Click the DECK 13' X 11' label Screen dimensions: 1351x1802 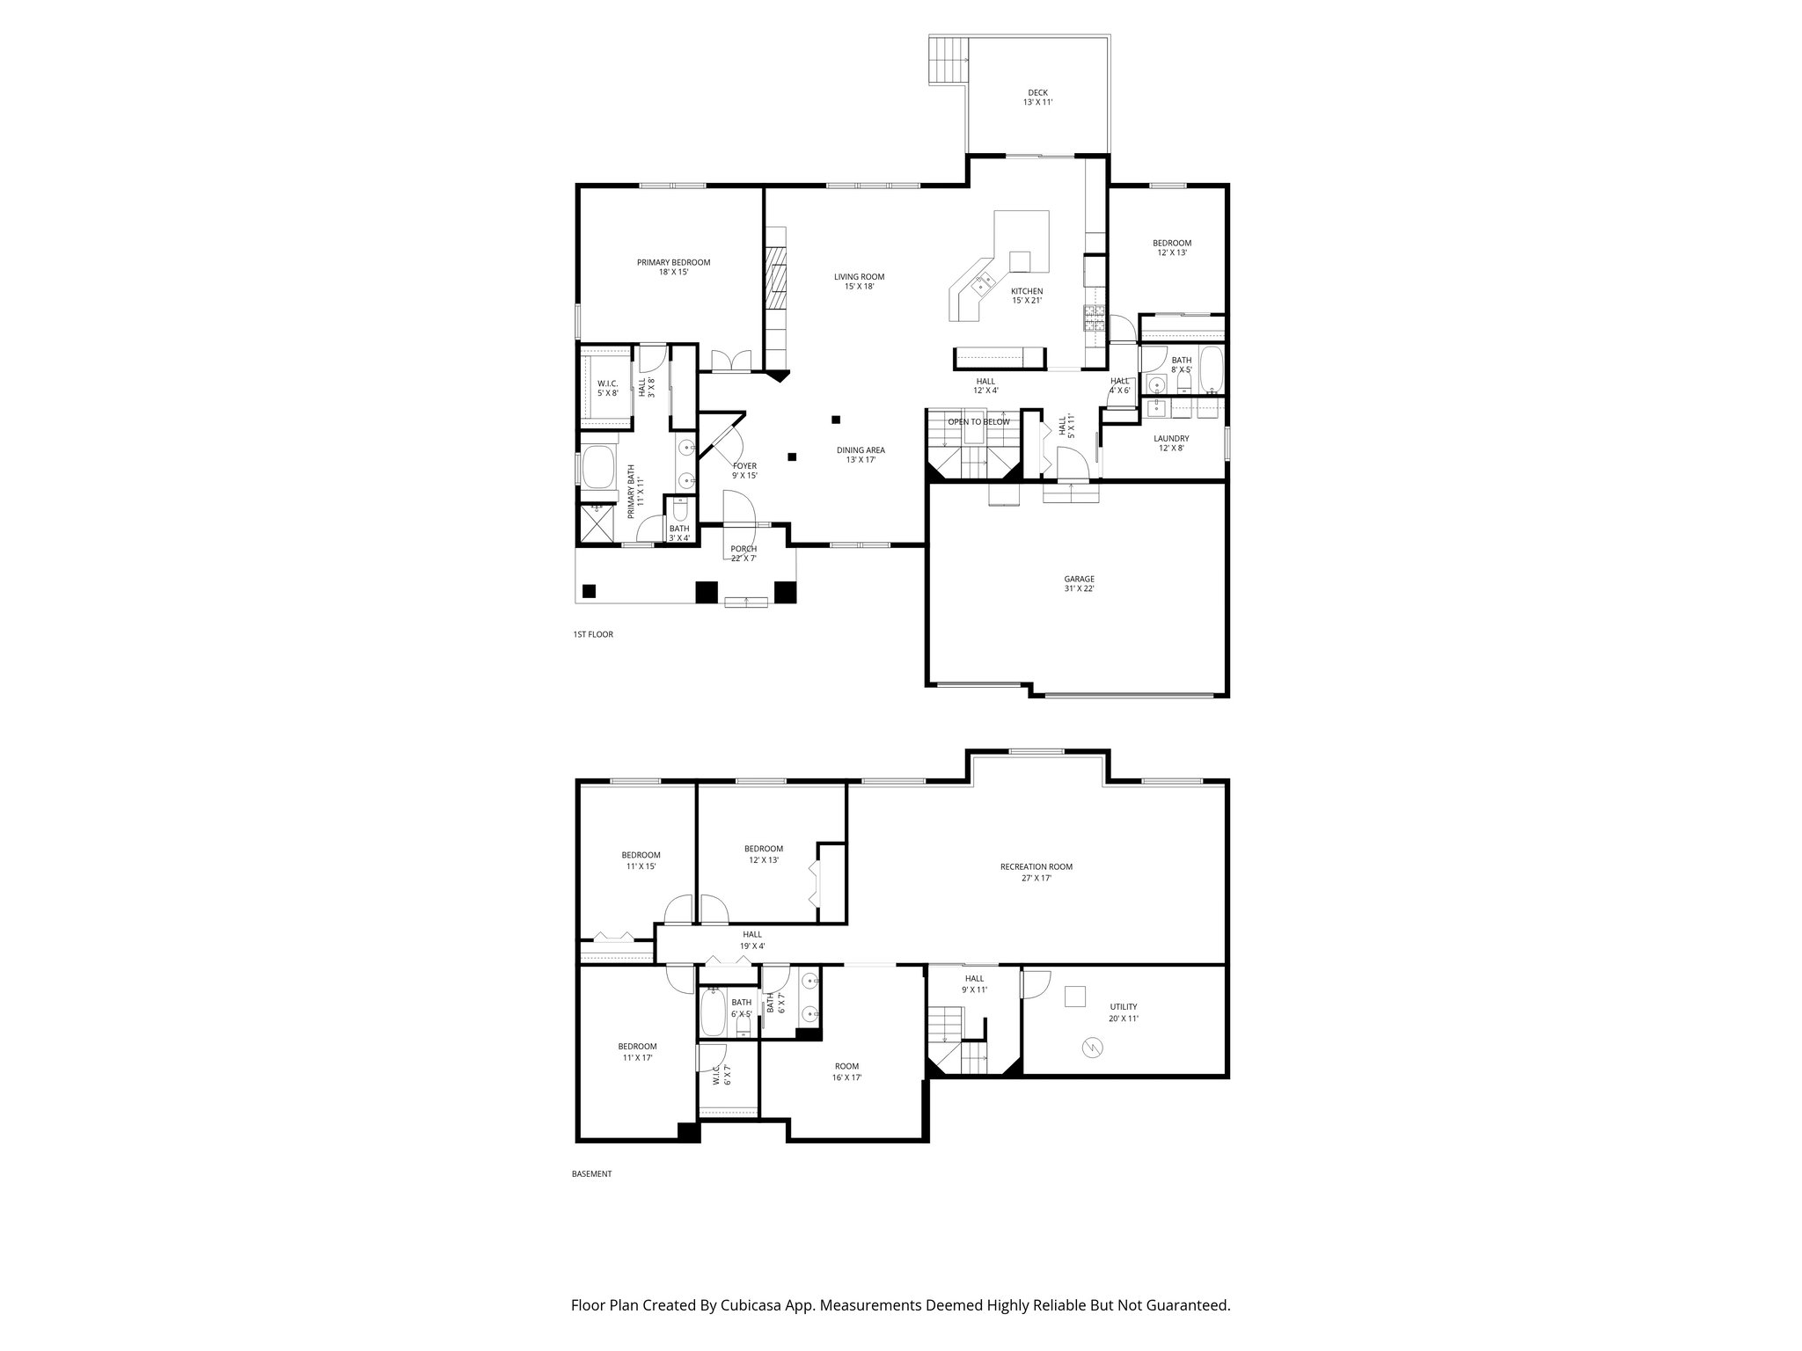click(1037, 98)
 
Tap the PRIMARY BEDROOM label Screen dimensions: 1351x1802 click(673, 267)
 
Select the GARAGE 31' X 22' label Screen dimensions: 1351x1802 click(1079, 584)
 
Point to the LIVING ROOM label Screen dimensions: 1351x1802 click(859, 281)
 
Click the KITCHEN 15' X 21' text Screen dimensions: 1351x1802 click(1026, 296)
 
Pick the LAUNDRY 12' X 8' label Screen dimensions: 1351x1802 click(1171, 443)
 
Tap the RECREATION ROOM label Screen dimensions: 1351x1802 click(1036, 872)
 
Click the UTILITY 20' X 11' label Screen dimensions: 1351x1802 click(1123, 1012)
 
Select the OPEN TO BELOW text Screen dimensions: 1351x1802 click(978, 422)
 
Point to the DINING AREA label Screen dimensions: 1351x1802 click(860, 455)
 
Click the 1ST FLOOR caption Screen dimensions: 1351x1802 click(592, 634)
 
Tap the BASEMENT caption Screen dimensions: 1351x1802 click(591, 1173)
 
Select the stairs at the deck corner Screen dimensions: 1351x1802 click(949, 60)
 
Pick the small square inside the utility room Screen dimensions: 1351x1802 click(1074, 996)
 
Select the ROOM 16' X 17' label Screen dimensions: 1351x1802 click(847, 1071)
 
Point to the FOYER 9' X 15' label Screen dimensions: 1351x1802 click(744, 471)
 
